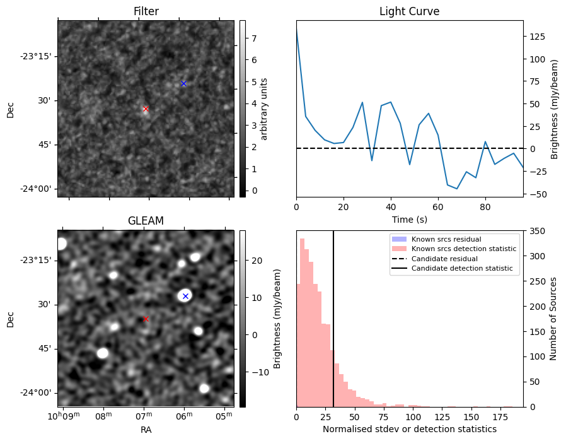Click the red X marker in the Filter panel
click(146, 109)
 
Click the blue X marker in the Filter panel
click(183, 83)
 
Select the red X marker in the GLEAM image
click(146, 319)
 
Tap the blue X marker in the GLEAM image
click(185, 296)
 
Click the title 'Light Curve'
click(409, 11)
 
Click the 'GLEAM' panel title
click(146, 221)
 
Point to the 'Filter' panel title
click(146, 11)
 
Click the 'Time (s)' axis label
click(409, 219)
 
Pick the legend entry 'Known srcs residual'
click(446, 239)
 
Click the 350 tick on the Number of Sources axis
click(536, 231)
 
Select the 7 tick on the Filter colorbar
click(253, 38)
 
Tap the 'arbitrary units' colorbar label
click(264, 109)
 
